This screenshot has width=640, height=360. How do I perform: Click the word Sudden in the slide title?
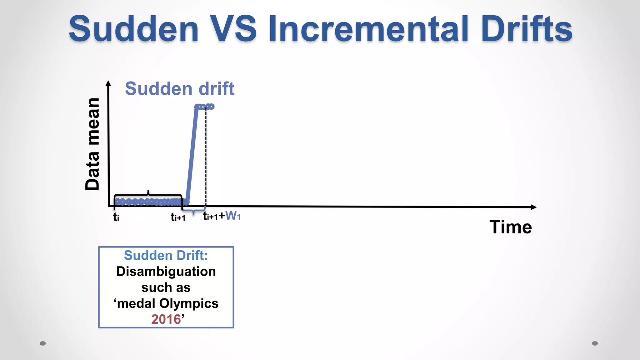(x=134, y=29)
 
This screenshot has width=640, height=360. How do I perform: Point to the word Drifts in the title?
(x=527, y=29)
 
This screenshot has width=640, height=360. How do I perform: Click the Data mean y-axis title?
(x=92, y=144)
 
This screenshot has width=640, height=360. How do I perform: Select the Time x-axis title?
(x=511, y=227)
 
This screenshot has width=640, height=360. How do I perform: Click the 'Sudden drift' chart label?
(x=179, y=89)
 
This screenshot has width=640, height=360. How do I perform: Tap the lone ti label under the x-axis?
(x=116, y=217)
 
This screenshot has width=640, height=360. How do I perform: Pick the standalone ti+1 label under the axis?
(x=178, y=217)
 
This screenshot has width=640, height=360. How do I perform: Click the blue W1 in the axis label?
(x=233, y=216)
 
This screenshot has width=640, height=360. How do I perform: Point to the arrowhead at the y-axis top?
(x=108, y=83)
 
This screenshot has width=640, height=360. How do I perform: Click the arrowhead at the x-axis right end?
(x=533, y=207)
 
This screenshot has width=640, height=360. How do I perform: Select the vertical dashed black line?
(x=206, y=156)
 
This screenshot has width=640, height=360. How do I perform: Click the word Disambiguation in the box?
(x=166, y=272)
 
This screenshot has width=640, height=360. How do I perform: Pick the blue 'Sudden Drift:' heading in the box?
(x=166, y=255)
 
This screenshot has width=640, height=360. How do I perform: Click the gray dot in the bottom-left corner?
(x=43, y=343)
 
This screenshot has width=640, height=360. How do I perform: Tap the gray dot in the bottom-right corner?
(x=595, y=343)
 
